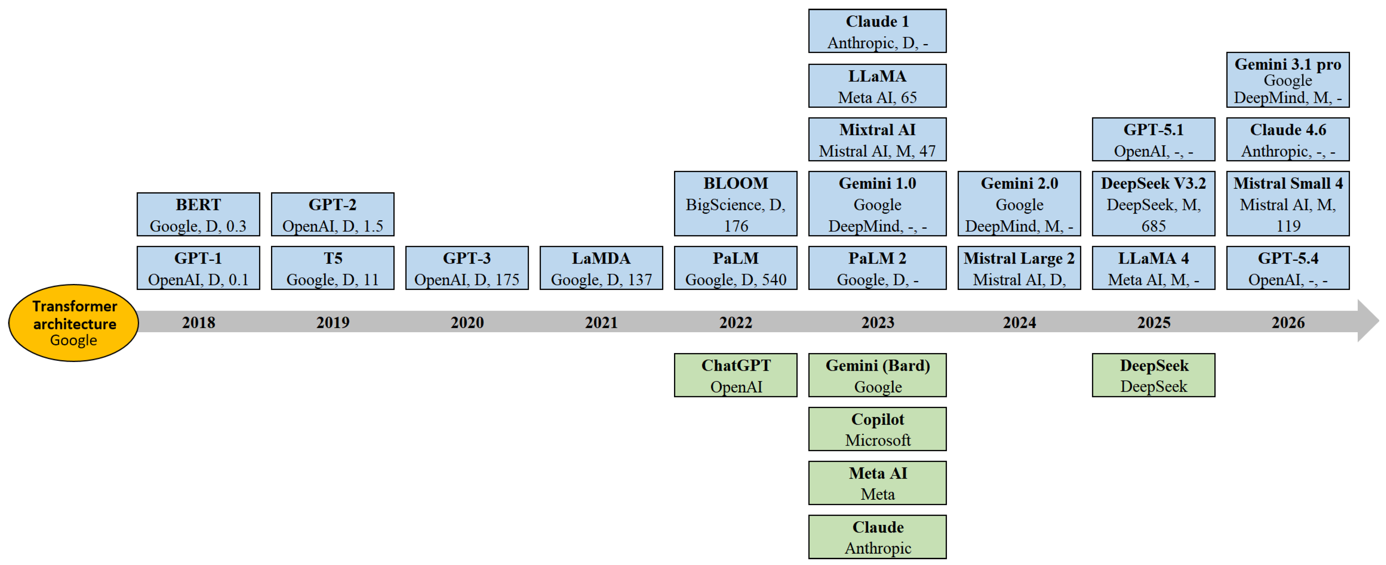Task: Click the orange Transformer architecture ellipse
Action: [x=74, y=323]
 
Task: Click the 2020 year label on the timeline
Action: [x=467, y=323]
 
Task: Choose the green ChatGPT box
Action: [x=735, y=375]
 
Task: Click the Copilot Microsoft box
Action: [x=877, y=429]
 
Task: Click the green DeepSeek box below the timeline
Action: [x=1154, y=375]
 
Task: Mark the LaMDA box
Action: [x=601, y=268]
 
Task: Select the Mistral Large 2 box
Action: [x=1019, y=268]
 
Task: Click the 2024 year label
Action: [x=1019, y=323]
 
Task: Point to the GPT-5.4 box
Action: [x=1288, y=268]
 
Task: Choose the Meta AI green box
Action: [x=877, y=483]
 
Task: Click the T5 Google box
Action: [x=332, y=268]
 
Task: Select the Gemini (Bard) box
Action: [x=877, y=375]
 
